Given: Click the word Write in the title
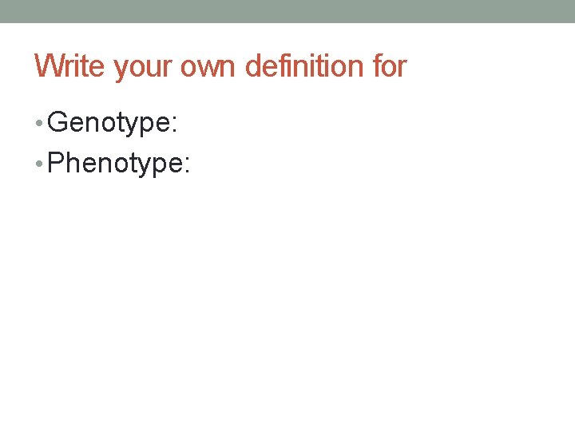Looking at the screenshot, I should pos(70,66).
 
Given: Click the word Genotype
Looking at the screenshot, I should pos(112,124).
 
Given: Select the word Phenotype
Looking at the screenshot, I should pos(115,164).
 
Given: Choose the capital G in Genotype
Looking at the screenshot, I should pos(58,123).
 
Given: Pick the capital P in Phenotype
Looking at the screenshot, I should pos(57,163).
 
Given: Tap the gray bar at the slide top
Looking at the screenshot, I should pos(287,11).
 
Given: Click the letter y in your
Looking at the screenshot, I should pos(121,69).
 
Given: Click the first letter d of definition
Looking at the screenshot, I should pos(254,66).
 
